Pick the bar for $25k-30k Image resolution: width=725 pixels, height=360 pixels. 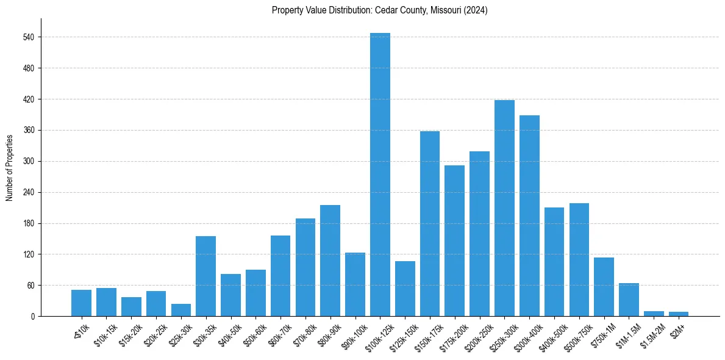[x=180, y=310]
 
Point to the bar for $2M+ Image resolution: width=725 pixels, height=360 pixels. [x=679, y=314]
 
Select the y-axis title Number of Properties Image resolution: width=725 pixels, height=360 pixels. [x=9, y=167]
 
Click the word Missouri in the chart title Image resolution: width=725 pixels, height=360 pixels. [x=447, y=10]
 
